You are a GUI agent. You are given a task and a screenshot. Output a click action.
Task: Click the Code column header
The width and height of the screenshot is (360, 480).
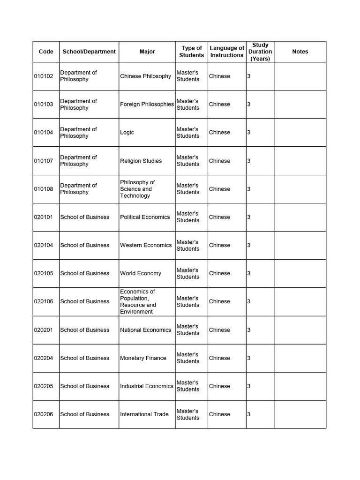[x=46, y=52]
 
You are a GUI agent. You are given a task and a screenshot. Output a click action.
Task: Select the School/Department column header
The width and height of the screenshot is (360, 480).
[x=89, y=52]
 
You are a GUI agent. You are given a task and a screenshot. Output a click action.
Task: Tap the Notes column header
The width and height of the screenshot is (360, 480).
[x=300, y=52]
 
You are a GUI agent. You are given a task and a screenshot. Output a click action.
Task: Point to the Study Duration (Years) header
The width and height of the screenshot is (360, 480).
[x=260, y=52]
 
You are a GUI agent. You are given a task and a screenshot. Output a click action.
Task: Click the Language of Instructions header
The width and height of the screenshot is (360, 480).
[x=227, y=52]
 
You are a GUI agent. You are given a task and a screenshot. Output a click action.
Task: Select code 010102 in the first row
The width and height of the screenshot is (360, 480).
[x=44, y=76]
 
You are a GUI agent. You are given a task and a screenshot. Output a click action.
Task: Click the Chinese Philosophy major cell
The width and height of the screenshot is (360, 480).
[x=145, y=76]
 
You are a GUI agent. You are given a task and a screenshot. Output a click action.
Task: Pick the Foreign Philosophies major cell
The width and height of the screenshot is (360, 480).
[x=147, y=104]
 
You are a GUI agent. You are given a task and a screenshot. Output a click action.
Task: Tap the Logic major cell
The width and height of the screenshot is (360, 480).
[x=127, y=132]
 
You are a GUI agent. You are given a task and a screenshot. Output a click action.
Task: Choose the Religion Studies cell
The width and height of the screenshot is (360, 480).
[x=141, y=161]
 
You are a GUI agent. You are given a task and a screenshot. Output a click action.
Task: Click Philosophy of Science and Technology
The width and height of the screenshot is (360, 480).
[x=137, y=189]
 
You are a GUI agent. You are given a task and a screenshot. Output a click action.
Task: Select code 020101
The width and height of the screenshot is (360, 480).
[x=44, y=217]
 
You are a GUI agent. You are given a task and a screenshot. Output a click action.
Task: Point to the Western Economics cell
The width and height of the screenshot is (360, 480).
[x=146, y=245]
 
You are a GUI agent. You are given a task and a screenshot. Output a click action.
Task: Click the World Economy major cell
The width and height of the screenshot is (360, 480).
[x=141, y=273]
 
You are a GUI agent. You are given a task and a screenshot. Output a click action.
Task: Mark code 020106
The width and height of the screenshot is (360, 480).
[x=44, y=301]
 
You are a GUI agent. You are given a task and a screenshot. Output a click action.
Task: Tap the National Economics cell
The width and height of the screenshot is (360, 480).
[x=145, y=330]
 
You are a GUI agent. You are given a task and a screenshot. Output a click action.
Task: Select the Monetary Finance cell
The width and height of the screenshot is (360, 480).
[x=143, y=358]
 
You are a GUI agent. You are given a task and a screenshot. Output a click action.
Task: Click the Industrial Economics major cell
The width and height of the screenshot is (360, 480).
[x=147, y=386]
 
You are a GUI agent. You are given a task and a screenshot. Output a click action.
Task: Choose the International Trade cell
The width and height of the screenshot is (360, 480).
[x=144, y=414]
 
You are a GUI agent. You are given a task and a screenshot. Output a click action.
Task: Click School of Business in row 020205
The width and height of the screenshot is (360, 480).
[x=85, y=386]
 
